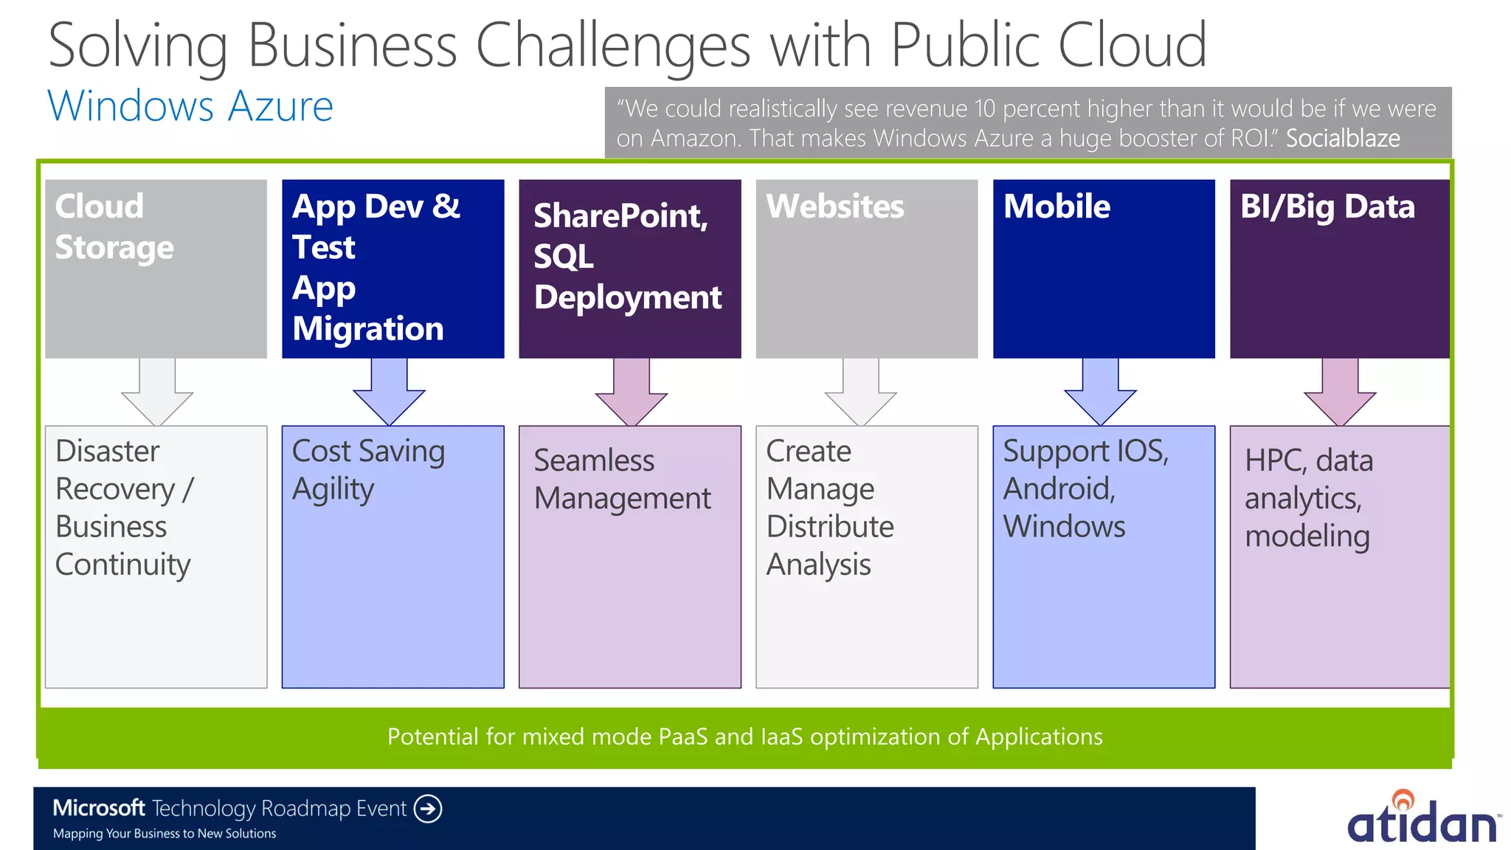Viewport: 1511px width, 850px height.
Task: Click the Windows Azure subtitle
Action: (190, 106)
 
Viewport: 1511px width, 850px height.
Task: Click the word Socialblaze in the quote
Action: (1342, 139)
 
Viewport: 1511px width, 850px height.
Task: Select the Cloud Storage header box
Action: (156, 269)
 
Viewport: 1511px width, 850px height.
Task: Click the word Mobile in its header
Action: (1057, 207)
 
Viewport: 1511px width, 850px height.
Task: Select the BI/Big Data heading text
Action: (1327, 207)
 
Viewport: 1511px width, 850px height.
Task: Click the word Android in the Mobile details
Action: (1058, 489)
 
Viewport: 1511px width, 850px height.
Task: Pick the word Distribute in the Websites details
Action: (830, 527)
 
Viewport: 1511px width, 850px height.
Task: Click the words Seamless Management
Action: (622, 480)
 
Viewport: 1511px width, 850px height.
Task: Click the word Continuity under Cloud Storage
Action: (123, 565)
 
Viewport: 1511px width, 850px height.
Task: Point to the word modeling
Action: (1307, 536)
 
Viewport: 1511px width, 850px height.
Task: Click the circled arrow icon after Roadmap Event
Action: (428, 809)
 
